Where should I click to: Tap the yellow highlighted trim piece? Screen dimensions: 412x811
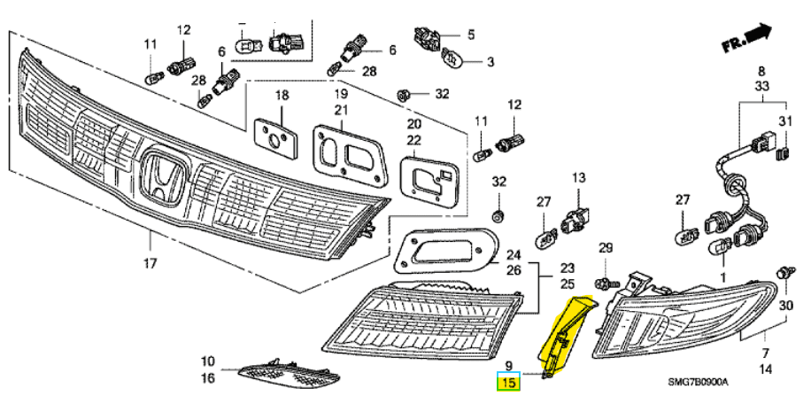click(561, 336)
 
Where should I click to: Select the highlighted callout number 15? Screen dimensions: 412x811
click(508, 383)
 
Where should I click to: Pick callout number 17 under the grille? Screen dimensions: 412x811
click(150, 263)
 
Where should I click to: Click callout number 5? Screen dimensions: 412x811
click(471, 35)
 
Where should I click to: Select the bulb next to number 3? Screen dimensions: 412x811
click(451, 60)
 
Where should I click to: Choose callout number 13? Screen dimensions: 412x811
click(578, 178)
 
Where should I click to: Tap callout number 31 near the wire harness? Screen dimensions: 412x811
click(784, 121)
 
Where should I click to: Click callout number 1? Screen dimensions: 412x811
click(722, 277)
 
